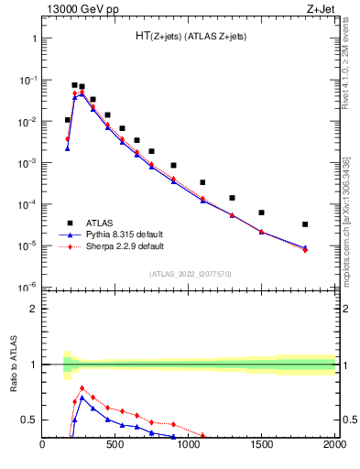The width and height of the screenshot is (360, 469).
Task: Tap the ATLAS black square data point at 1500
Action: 262,213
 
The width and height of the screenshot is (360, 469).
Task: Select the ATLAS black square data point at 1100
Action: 202,182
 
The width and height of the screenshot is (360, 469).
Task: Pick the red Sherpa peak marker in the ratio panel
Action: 82,388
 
